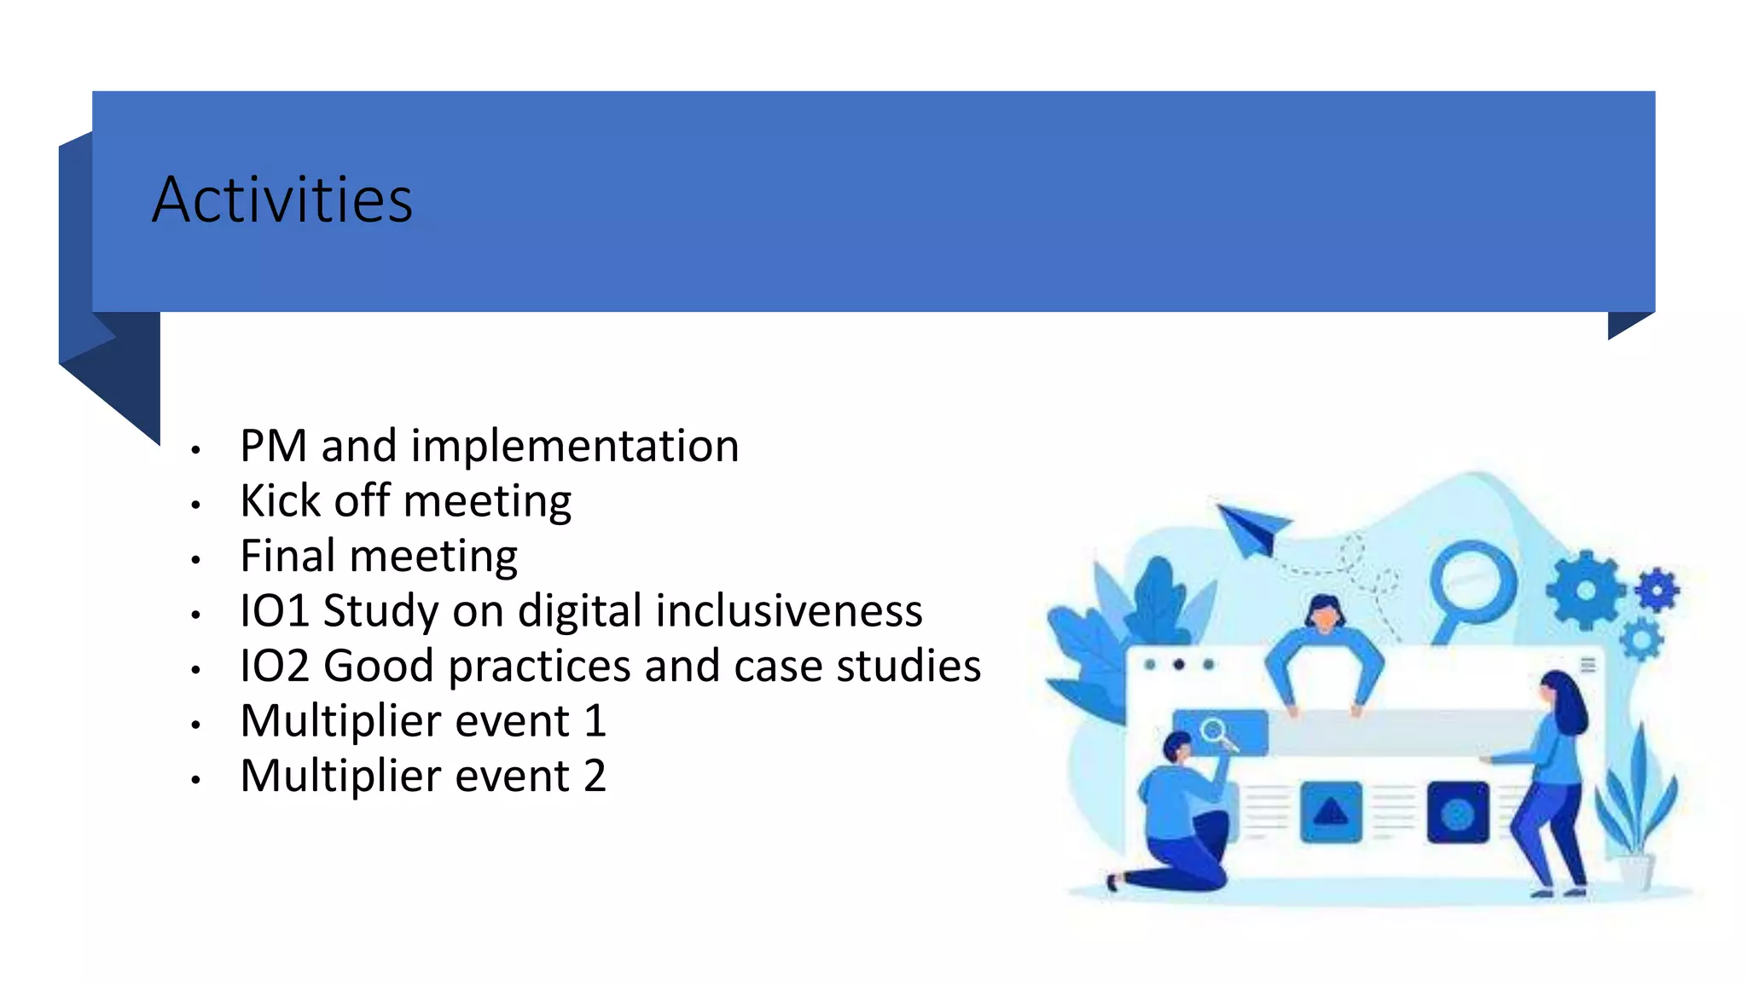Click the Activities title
[282, 199]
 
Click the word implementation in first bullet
[574, 446]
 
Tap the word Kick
[280, 500]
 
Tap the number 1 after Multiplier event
[595, 721]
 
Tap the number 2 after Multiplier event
[595, 777]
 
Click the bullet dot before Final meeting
[195, 560]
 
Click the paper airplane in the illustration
[1251, 527]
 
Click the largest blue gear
[1585, 590]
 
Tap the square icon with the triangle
[1331, 812]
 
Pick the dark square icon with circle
[1457, 812]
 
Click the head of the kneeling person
[1179, 747]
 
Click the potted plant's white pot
[1634, 871]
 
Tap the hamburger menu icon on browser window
[1587, 665]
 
